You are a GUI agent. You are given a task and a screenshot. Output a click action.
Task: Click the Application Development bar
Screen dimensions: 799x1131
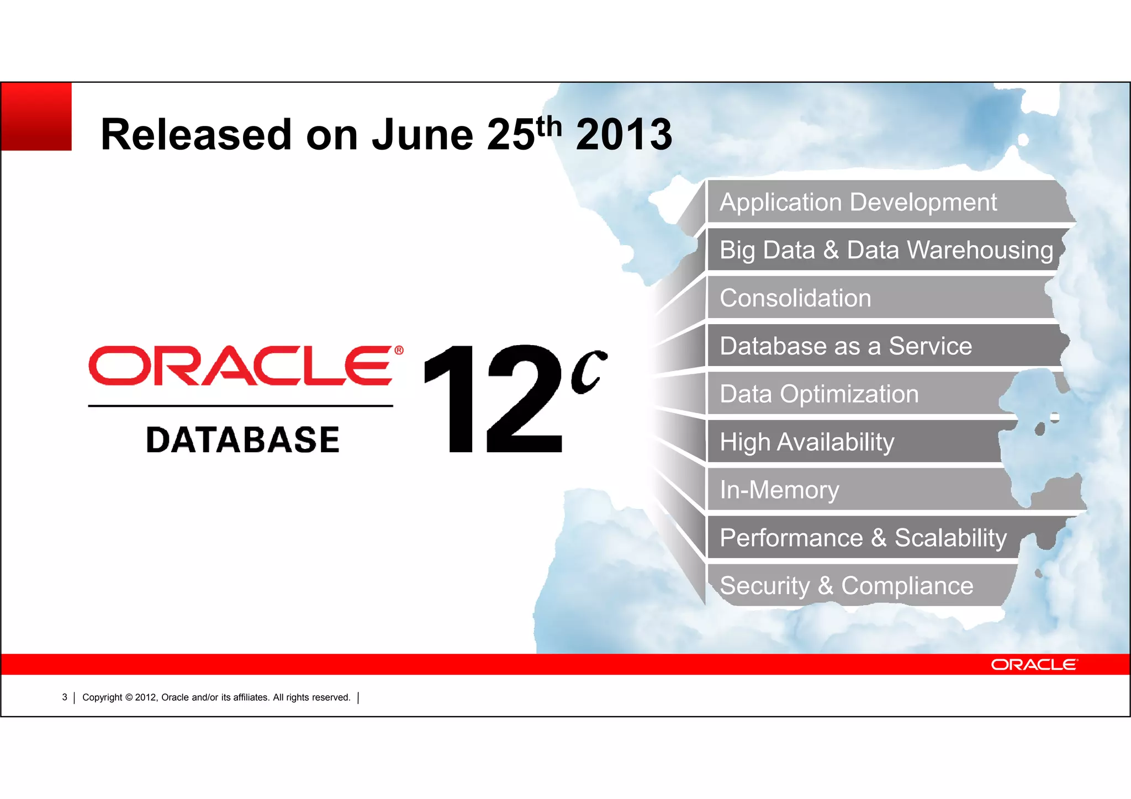pos(858,202)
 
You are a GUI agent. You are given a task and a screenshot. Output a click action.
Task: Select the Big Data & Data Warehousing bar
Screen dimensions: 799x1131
pos(886,250)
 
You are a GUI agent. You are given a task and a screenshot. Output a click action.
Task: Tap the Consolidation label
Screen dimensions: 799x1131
pos(795,298)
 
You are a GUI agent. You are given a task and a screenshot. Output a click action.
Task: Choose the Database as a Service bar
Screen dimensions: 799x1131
pos(845,346)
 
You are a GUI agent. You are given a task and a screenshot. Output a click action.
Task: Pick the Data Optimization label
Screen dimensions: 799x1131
pos(819,394)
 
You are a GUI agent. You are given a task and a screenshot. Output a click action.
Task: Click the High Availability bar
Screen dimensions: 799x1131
pos(807,442)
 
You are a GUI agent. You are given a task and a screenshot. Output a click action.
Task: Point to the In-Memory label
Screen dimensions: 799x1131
pos(779,490)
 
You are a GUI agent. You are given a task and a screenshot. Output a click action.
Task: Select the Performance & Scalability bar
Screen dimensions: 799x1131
pos(863,538)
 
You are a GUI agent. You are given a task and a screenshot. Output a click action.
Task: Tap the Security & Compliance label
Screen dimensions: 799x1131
pos(846,586)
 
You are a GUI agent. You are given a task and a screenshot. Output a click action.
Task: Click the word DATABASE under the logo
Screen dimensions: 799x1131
pos(242,440)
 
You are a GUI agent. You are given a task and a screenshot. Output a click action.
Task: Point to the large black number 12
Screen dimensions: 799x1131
pos(493,399)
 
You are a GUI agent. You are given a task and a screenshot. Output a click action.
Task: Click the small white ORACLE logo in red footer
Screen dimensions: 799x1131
pos(1034,664)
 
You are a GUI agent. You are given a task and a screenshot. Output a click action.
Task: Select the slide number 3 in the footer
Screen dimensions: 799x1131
pos(65,697)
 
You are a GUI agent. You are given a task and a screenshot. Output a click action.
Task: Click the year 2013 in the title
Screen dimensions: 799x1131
pos(623,135)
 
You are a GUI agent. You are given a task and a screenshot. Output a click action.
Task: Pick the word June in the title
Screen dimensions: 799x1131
pos(422,135)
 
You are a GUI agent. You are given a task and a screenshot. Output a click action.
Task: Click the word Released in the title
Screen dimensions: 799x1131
pos(196,135)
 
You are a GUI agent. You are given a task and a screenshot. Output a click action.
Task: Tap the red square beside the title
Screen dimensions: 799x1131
pos(36,117)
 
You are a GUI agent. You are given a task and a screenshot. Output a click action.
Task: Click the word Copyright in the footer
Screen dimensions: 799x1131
pos(102,697)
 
